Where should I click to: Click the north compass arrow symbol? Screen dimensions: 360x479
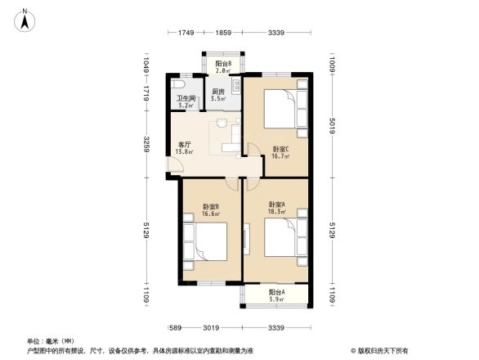click(x=25, y=19)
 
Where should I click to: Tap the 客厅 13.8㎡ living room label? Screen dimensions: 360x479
click(x=186, y=148)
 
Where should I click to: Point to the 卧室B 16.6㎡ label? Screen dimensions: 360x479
click(x=211, y=210)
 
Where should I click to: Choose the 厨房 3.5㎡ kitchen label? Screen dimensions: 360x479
click(x=218, y=95)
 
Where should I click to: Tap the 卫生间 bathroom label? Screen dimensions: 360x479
click(x=186, y=102)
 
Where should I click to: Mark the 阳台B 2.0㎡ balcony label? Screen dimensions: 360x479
click(x=222, y=66)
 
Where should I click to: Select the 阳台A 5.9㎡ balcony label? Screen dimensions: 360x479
click(x=277, y=295)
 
